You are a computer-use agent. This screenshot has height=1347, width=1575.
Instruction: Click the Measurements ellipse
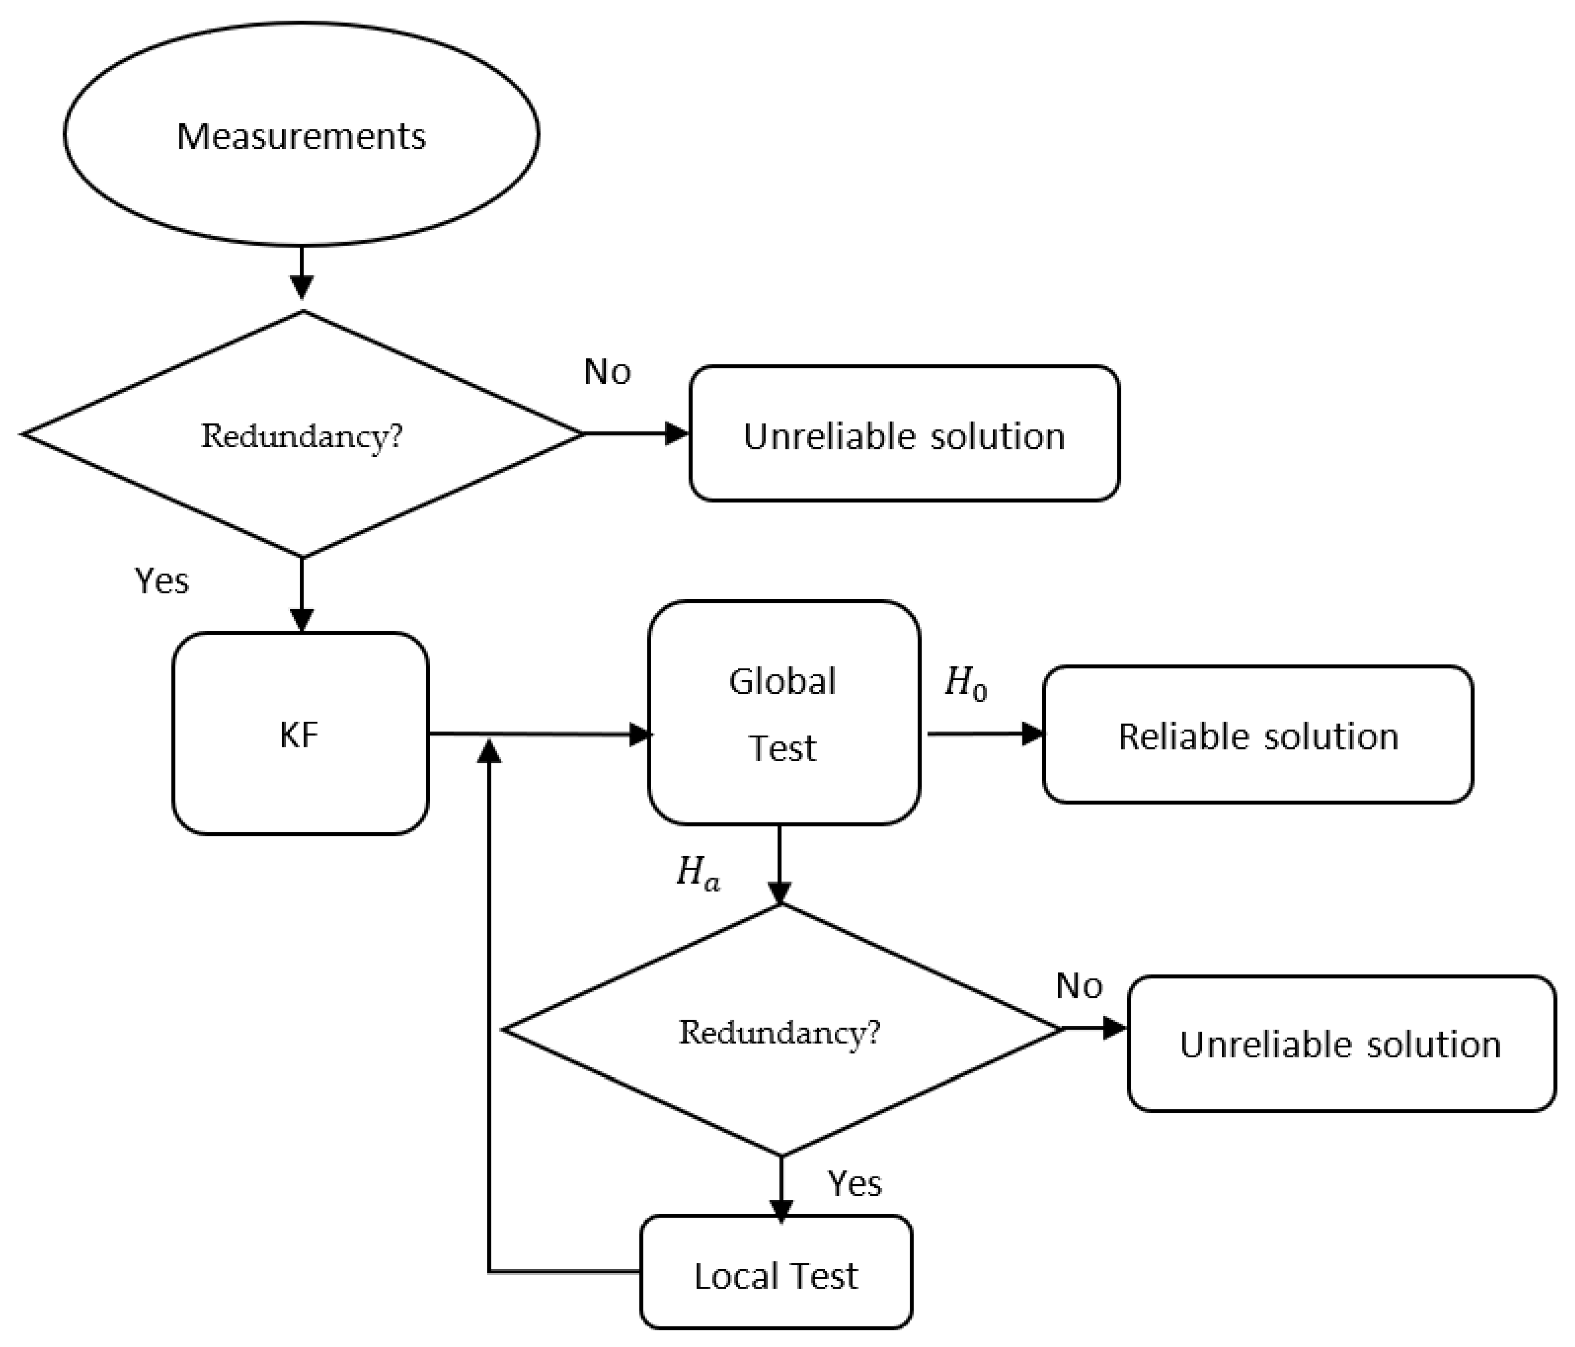(x=302, y=135)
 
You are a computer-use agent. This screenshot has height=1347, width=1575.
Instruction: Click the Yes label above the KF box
(x=161, y=582)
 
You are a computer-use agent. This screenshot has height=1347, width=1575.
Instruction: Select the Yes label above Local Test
(x=855, y=1184)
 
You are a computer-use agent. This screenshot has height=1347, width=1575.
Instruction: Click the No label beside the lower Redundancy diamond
(x=1079, y=986)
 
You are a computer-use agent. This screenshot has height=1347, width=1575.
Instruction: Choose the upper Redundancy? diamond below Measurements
(x=302, y=435)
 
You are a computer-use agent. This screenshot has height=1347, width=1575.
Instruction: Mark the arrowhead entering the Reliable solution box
(x=1032, y=733)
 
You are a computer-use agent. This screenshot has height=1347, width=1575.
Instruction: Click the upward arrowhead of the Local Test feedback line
(x=490, y=751)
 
